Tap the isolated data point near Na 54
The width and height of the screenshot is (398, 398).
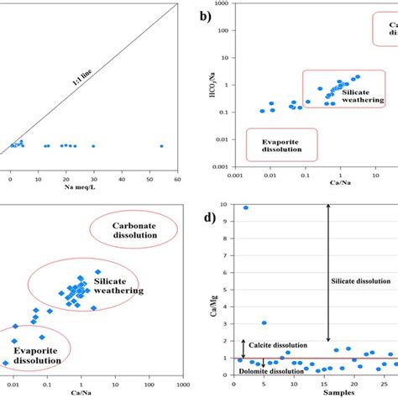click(161, 146)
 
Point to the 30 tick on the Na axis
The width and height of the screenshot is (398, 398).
click(93, 178)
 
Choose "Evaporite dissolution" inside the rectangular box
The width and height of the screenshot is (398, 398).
click(276, 144)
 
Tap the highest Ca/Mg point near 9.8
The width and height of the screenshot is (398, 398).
click(246, 207)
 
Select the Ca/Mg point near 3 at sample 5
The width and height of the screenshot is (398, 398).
click(264, 322)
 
